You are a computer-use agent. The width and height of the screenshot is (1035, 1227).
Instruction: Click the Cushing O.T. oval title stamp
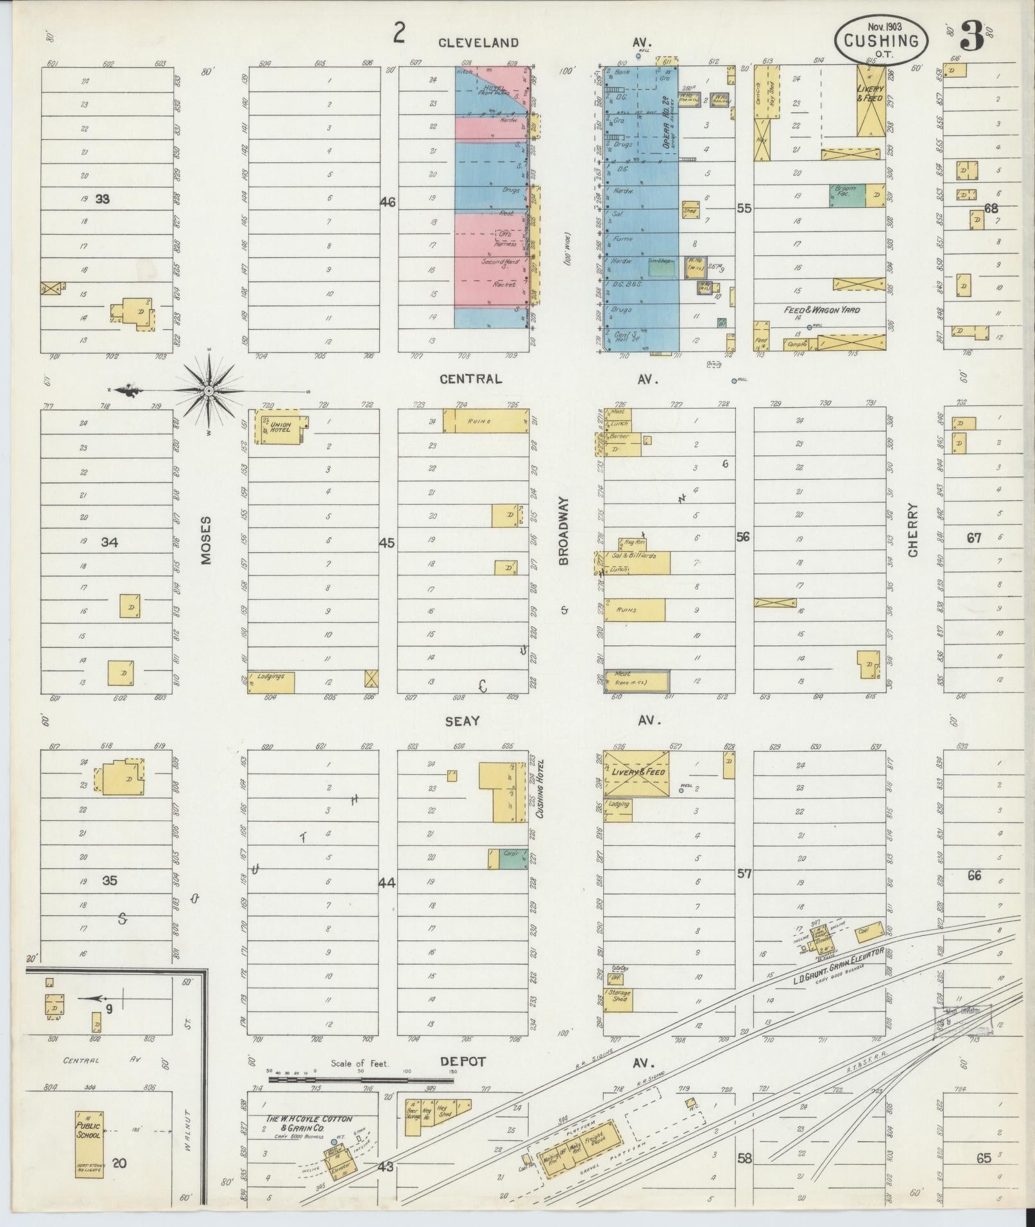pyautogui.click(x=880, y=40)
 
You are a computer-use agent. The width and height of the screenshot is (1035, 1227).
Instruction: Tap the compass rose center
pyautogui.click(x=209, y=390)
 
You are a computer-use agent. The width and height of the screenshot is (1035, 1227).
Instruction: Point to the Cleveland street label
pyautogui.click(x=478, y=43)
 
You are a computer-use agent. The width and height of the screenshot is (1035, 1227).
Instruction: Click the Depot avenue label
pyautogui.click(x=463, y=1062)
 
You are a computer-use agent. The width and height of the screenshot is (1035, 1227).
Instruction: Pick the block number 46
pyautogui.click(x=388, y=203)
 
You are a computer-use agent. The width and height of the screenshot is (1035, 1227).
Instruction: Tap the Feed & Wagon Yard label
pyautogui.click(x=821, y=310)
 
